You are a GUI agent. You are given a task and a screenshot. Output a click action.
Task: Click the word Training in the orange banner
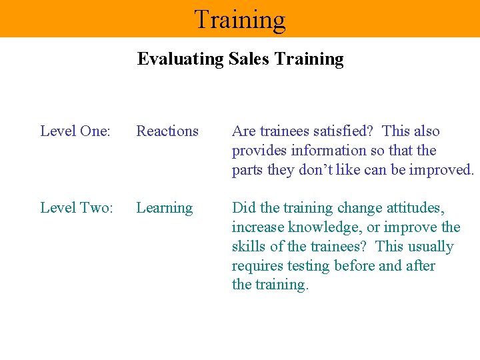pyautogui.click(x=240, y=19)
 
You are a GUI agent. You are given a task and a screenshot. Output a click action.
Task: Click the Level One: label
pyautogui.click(x=75, y=131)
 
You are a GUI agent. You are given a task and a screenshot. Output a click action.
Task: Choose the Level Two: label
pyautogui.click(x=77, y=208)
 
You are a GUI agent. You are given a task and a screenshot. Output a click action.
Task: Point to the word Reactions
pyautogui.click(x=167, y=131)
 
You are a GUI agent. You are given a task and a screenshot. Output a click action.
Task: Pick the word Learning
pyautogui.click(x=165, y=208)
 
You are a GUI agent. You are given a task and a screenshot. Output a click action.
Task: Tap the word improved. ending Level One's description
pyautogui.click(x=442, y=170)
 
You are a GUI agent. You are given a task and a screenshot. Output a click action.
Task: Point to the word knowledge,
pyautogui.click(x=319, y=227)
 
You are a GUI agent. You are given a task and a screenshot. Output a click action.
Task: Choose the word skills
pyautogui.click(x=247, y=247)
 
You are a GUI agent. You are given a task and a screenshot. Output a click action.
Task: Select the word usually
pyautogui.click(x=431, y=247)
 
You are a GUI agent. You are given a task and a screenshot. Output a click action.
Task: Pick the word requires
pyautogui.click(x=257, y=266)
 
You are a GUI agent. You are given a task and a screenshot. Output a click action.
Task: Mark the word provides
pyautogui.click(x=257, y=151)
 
